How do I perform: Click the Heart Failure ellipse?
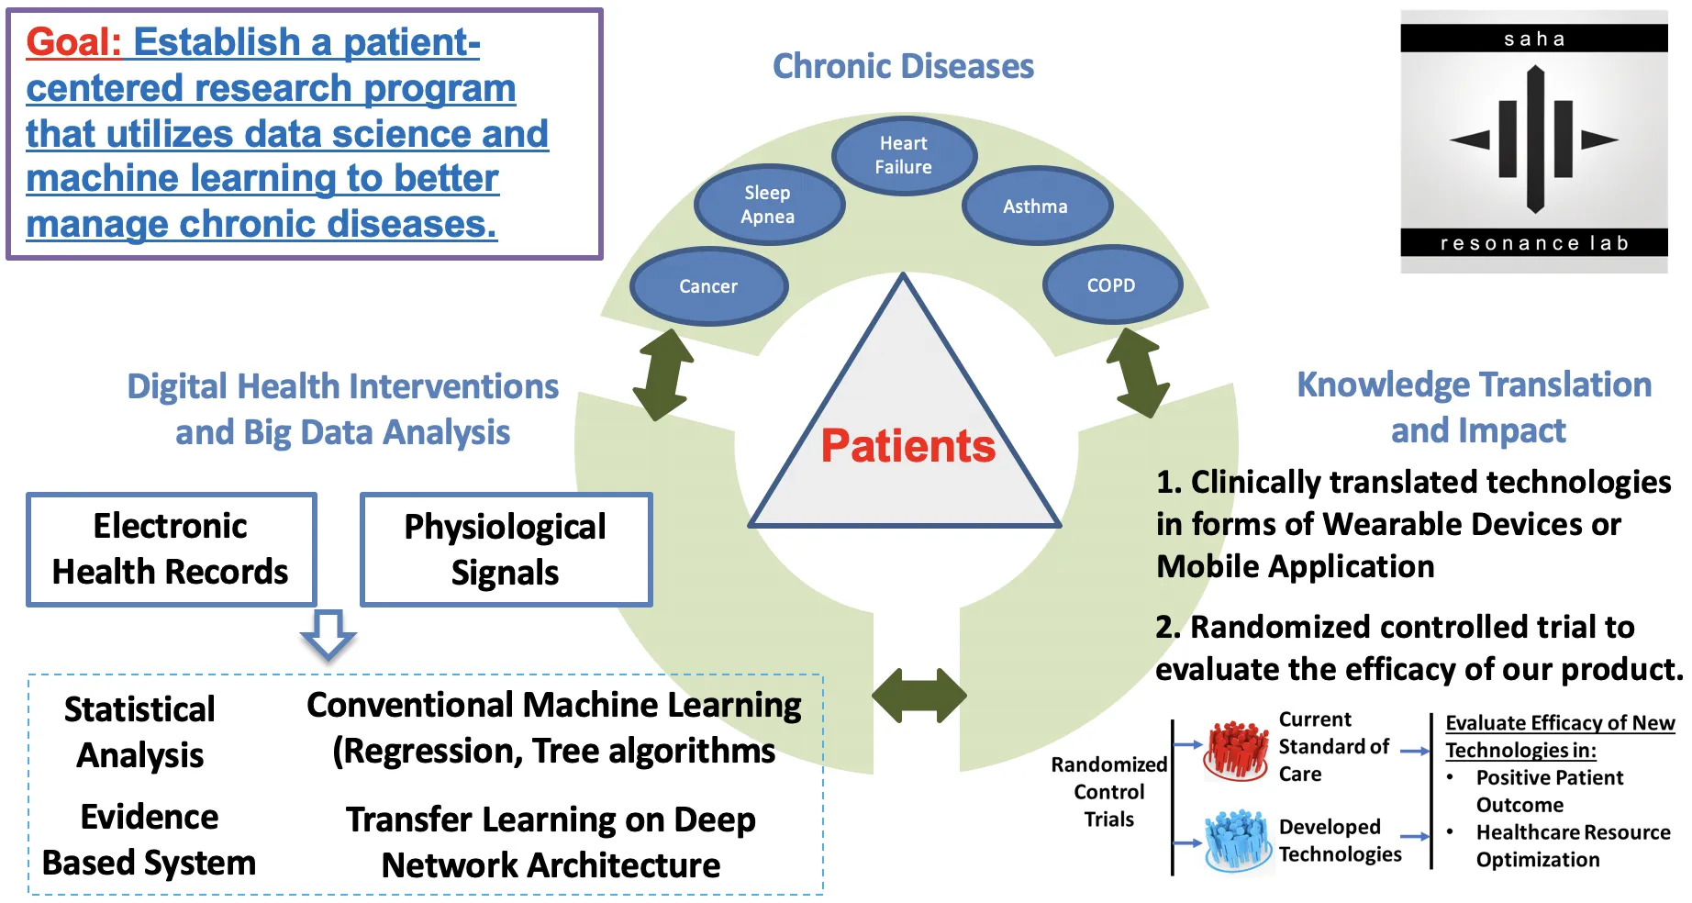click(x=904, y=155)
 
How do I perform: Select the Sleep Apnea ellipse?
click(x=768, y=205)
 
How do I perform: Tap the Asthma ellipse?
click(x=1036, y=206)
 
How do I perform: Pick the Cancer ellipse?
click(x=708, y=286)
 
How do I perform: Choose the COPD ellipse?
click(x=1111, y=285)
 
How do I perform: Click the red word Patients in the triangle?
click(x=907, y=446)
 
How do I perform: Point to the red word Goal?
click(x=73, y=42)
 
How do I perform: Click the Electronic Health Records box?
click(x=171, y=549)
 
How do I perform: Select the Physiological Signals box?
click(x=506, y=550)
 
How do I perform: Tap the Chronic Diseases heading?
click(x=903, y=66)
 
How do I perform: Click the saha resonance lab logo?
click(x=1533, y=141)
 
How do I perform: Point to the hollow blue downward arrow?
click(x=328, y=634)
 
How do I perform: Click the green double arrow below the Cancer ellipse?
click(x=663, y=374)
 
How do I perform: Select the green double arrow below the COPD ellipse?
click(x=1138, y=373)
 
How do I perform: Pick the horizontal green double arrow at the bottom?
click(x=918, y=696)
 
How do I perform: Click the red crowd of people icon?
click(x=1236, y=749)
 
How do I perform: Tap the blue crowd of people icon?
click(x=1236, y=839)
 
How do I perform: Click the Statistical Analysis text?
click(x=140, y=732)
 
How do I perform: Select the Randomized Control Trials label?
click(x=1108, y=792)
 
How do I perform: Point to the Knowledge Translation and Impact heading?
click(x=1475, y=407)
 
